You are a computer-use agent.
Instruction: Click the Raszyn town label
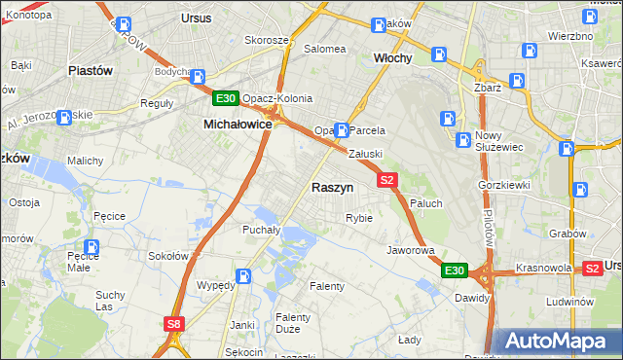pos(332,187)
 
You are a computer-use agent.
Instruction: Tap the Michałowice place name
pos(237,125)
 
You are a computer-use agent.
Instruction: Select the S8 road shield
pos(173,324)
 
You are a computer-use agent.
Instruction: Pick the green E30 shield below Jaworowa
pos(454,270)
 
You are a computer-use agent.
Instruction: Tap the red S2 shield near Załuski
pos(387,180)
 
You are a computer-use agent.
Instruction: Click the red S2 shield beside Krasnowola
pos(592,268)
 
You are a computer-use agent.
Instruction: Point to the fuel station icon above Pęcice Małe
pos(92,248)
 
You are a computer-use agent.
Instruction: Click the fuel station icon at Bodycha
pos(198,77)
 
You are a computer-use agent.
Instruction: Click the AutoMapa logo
pos(558,341)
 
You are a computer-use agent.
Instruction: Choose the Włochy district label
pos(393,58)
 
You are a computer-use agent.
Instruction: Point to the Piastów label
pos(91,71)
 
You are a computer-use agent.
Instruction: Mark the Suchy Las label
pos(110,301)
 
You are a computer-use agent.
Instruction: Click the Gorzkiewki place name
pos(502,184)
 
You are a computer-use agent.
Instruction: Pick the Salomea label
pos(325,48)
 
